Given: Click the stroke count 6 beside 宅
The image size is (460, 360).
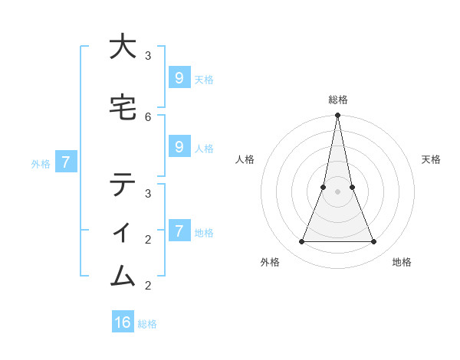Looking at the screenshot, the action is click(148, 116).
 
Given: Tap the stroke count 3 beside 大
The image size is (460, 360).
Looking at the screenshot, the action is click(148, 56).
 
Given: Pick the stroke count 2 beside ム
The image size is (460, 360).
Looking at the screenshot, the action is click(148, 286).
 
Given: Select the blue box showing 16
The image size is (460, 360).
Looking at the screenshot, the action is click(123, 322).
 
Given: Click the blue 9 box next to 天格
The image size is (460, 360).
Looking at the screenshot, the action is click(179, 77).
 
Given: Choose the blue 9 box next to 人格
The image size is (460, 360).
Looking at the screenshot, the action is click(179, 147).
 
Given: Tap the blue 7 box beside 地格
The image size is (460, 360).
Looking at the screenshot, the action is click(179, 231).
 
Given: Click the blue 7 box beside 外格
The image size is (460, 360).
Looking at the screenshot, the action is click(66, 162).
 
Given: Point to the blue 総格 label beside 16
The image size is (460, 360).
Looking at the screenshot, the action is click(147, 324).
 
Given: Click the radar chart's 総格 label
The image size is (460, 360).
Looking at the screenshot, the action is click(337, 100).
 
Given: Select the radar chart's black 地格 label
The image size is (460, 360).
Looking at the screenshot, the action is click(402, 262).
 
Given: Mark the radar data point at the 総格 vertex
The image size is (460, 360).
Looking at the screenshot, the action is click(337, 116).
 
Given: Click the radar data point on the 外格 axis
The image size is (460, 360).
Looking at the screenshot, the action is click(301, 242).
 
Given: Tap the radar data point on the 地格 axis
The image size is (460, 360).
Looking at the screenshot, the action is click(373, 242).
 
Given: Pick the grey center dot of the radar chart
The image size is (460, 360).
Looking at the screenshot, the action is click(337, 191).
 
